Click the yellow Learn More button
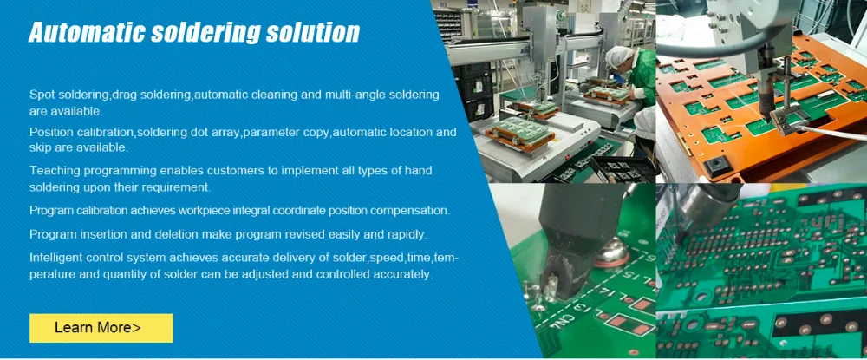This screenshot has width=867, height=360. point(101,328)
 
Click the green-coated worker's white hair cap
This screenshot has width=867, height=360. point(619,56)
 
